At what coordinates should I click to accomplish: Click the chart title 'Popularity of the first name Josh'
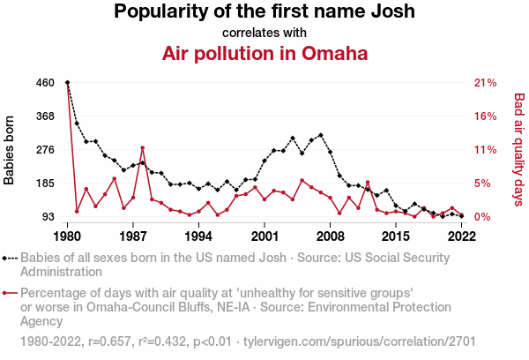(x=264, y=12)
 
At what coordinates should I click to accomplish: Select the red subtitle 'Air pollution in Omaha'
(x=264, y=53)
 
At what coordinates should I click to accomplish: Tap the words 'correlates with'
(x=264, y=33)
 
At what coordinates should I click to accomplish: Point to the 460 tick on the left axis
(x=46, y=83)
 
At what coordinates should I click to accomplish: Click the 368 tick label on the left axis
(x=46, y=116)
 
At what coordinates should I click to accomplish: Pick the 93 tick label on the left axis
(x=48, y=217)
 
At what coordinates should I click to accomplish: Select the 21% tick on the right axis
(x=486, y=83)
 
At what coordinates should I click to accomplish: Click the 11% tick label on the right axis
(x=486, y=150)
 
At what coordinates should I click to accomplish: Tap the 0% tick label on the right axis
(x=482, y=217)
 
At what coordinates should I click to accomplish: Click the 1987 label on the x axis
(x=133, y=236)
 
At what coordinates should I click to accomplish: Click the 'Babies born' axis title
(x=11, y=150)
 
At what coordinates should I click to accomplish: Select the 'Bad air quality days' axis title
(x=518, y=150)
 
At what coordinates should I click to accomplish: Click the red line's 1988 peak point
(x=143, y=147)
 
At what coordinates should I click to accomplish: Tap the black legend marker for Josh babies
(x=10, y=258)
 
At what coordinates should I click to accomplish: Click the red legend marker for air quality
(x=10, y=293)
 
